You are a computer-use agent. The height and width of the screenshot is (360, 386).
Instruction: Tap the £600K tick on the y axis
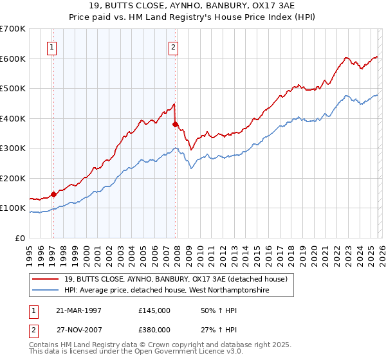click(13, 59)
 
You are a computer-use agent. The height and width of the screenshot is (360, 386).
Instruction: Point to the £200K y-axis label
click(13, 178)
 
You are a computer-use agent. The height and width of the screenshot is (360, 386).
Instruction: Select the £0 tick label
click(21, 238)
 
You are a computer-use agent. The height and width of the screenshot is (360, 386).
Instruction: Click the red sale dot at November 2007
click(175, 124)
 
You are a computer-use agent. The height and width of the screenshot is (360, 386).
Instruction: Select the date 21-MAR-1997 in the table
click(80, 310)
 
